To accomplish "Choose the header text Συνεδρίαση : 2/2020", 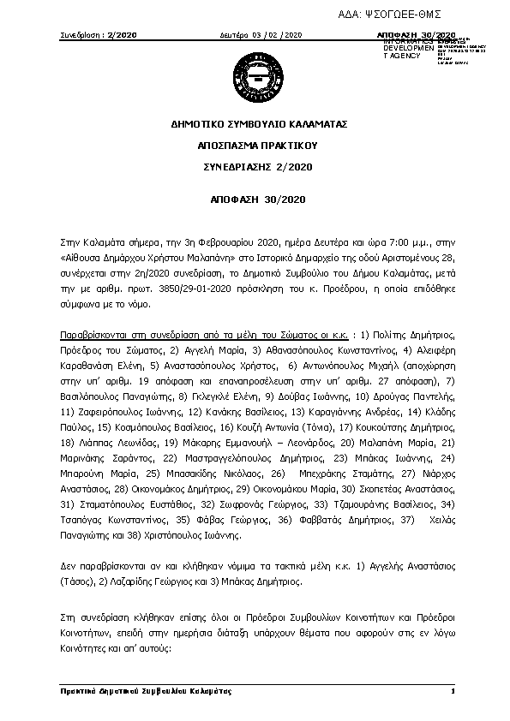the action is pyautogui.click(x=99, y=35).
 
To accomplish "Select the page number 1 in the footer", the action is pyautogui.click(x=451, y=690).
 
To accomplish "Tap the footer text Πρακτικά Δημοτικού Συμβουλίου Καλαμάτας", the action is pyautogui.click(x=146, y=690).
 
